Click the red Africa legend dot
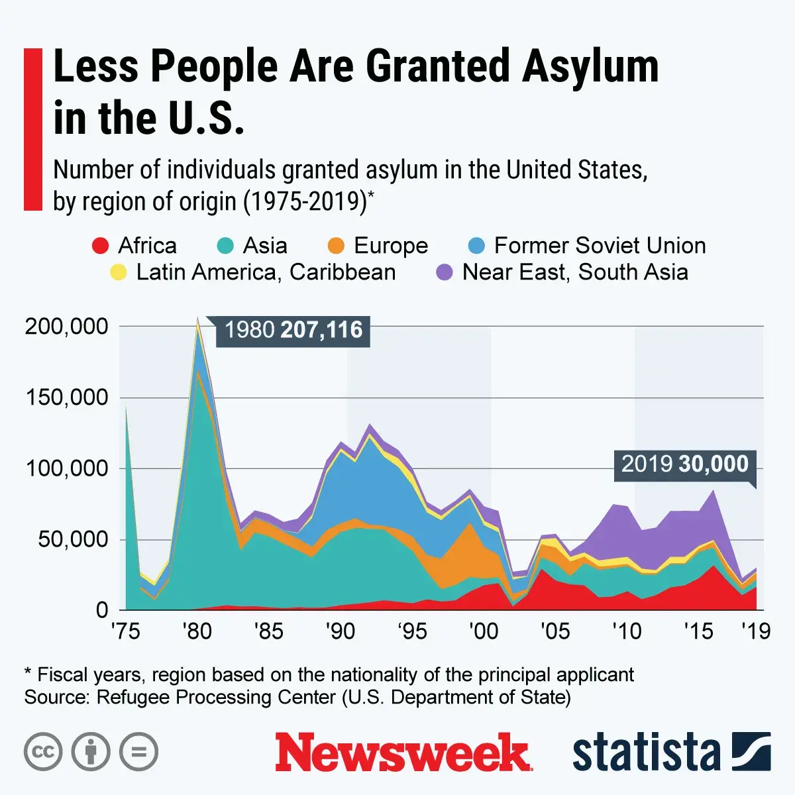pos(100,246)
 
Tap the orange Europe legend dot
pos(337,246)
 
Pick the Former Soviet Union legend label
pos(600,246)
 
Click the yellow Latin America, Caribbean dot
pos(119,272)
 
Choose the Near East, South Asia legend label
pos(575,272)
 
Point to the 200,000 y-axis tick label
pos(66,327)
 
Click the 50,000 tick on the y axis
pos(73,539)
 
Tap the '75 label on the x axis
pos(125,631)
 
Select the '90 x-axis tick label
pos(340,631)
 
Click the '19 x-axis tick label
pos(756,631)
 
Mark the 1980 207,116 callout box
pos(293,330)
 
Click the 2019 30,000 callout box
pos(684,464)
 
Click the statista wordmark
pos(646,753)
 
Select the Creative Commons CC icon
pos(43,752)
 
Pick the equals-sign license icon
pos(138,752)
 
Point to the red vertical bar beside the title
pos(32,129)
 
